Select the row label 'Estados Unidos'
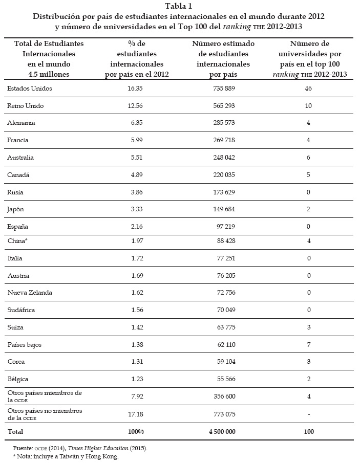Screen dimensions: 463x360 point(30,89)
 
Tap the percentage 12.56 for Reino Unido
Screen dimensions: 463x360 point(136,105)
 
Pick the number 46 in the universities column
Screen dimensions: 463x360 point(308,89)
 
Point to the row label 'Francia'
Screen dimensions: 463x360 point(18,140)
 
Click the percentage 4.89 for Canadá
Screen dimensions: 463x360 point(136,174)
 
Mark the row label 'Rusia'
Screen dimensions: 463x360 point(16,192)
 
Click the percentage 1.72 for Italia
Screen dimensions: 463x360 point(136,259)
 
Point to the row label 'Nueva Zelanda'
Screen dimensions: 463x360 point(30,293)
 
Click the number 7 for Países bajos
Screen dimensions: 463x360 point(308,344)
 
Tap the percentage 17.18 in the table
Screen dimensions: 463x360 point(135,413)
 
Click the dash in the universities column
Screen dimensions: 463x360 point(308,413)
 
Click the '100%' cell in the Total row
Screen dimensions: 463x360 point(136,432)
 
